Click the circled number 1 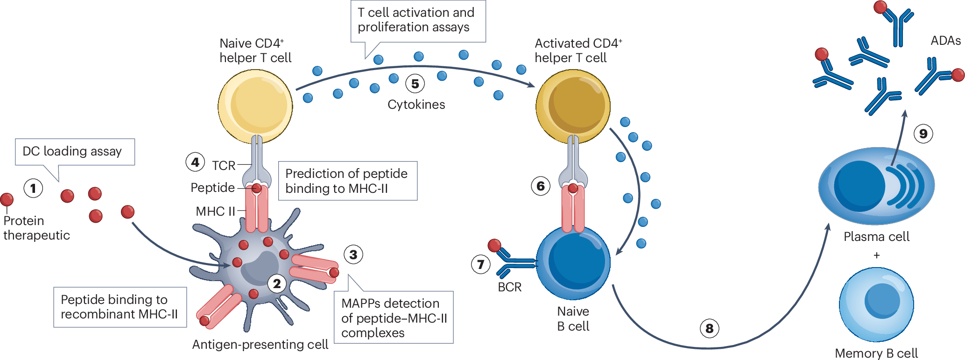[x=33, y=189]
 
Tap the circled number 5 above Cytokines [x=415, y=84]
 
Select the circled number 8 [x=710, y=329]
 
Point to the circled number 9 [x=923, y=134]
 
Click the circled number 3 [x=353, y=254]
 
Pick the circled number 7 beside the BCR [x=481, y=265]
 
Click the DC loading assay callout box [x=75, y=152]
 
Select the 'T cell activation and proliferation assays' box [x=418, y=21]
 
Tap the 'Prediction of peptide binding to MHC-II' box [x=348, y=181]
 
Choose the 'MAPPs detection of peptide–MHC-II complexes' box [x=394, y=318]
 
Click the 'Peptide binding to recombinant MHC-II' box [x=120, y=307]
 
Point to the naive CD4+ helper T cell [x=255, y=106]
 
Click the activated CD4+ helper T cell [x=573, y=106]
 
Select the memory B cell [x=876, y=304]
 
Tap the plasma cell [x=876, y=186]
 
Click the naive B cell [x=573, y=262]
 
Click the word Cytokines [x=416, y=105]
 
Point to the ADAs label [x=945, y=41]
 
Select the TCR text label [x=224, y=166]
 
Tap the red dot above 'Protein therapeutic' [x=7, y=200]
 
